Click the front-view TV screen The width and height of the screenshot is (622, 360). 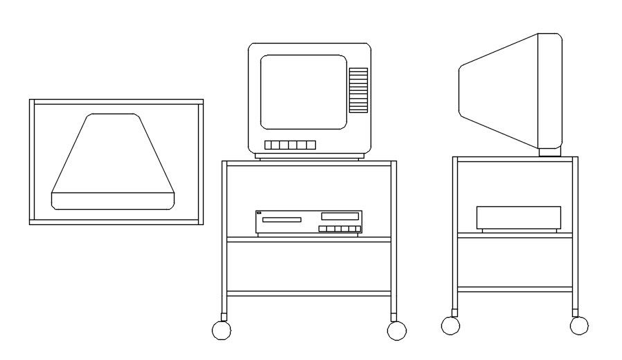(x=303, y=91)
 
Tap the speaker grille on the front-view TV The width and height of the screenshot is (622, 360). (x=358, y=90)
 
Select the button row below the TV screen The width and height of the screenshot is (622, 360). (x=290, y=145)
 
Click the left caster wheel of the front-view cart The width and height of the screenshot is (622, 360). (x=221, y=330)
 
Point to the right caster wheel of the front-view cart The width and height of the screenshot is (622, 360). (x=397, y=330)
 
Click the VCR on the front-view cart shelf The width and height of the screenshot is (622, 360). (x=309, y=222)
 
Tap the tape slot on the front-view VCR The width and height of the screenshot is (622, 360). (x=281, y=219)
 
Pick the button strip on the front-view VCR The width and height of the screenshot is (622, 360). (x=339, y=228)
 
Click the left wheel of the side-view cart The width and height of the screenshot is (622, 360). (x=450, y=325)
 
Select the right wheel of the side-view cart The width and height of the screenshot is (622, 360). (x=579, y=325)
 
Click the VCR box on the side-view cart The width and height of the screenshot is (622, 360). (x=518, y=217)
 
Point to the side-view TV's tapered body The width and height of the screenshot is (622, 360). (x=499, y=90)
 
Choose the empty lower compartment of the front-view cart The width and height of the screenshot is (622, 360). (x=309, y=267)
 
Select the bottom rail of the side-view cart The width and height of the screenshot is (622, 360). (x=515, y=289)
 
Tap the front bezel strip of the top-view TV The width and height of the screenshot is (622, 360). (x=112, y=200)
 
